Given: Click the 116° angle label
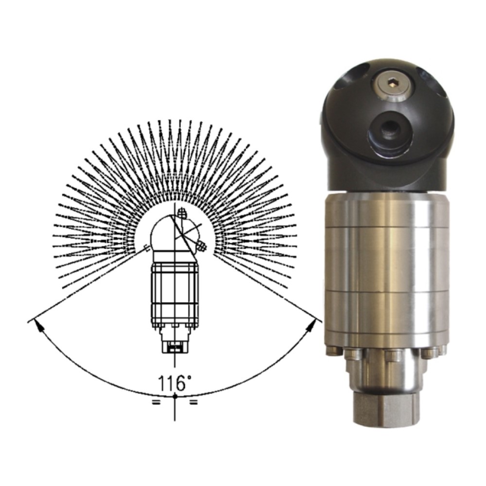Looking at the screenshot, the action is click(172, 383).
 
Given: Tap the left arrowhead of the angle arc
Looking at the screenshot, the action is click(38, 326).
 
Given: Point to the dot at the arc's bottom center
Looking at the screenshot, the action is click(175, 396).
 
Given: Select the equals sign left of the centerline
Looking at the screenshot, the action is click(156, 402).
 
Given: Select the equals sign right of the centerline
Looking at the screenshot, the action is click(193, 402).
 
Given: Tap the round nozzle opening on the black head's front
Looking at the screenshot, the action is click(389, 130).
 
